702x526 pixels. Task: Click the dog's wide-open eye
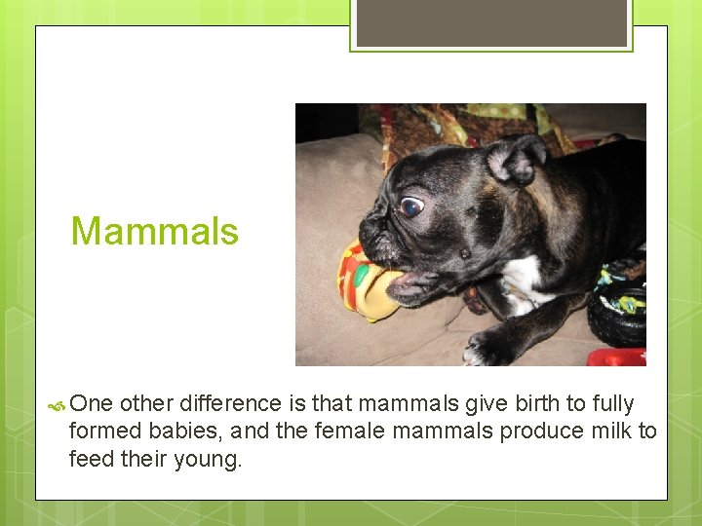coord(412,206)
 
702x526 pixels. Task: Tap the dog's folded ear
coord(516,159)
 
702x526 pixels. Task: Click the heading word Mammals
coord(154,232)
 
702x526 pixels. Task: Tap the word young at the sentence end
coord(209,458)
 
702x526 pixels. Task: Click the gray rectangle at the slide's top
coord(491,22)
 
